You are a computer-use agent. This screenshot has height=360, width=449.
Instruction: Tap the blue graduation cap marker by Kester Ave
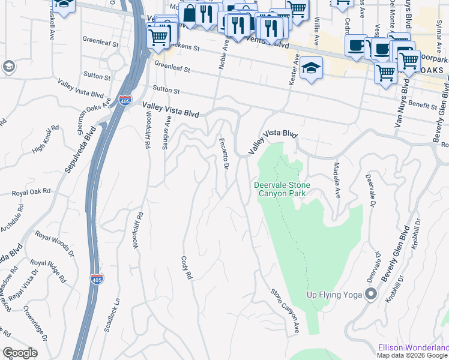pyautogui.click(x=311, y=68)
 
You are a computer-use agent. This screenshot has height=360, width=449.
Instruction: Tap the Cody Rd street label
pyautogui.click(x=186, y=268)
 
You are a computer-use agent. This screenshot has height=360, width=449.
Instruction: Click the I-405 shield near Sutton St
pyautogui.click(x=125, y=100)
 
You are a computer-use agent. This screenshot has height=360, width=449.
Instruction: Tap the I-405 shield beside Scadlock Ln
pyautogui.click(x=97, y=279)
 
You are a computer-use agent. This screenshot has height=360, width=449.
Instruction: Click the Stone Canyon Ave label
pyautogui.click(x=285, y=311)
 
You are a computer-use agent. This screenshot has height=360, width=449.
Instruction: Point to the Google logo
pyautogui.click(x=20, y=353)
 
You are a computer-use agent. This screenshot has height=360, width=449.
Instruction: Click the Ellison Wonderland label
pyautogui.click(x=413, y=347)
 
